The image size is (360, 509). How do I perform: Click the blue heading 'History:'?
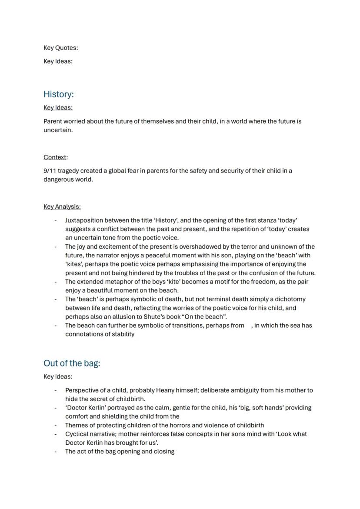pos(59,94)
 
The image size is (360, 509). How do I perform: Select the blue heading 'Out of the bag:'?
pos(72,363)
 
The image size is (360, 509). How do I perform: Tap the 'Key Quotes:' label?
pos(60,48)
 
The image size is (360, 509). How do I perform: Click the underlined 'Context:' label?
pos(56,157)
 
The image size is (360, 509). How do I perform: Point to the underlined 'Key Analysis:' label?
pos(62,207)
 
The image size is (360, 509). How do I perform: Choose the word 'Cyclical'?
pos(77,434)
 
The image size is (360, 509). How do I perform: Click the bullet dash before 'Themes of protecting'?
pos(56,425)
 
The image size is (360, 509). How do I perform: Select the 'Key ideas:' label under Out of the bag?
pos(58,377)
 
